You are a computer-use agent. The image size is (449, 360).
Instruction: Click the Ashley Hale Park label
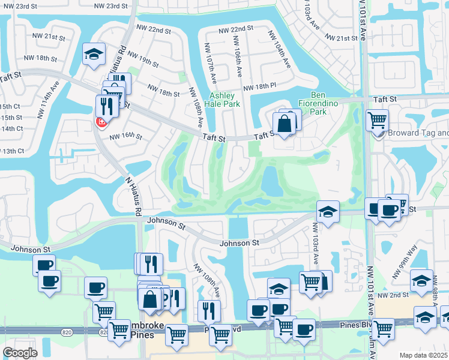coord(225,100)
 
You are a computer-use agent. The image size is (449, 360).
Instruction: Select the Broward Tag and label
coord(418,133)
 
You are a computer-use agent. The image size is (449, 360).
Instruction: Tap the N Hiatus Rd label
coord(133,196)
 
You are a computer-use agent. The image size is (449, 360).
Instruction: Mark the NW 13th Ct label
coord(12,151)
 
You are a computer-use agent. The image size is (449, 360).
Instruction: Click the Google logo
coord(20,352)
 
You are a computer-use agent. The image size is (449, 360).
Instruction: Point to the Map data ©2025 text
coord(424,355)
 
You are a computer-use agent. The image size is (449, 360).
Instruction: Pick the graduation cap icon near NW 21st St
coord(94,54)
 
